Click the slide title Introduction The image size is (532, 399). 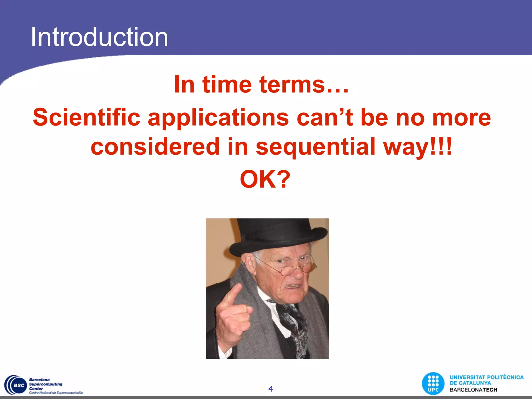[99, 37]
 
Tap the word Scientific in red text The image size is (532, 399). [87, 117]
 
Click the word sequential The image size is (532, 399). [315, 147]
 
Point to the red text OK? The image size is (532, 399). [265, 179]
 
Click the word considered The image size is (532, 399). [155, 147]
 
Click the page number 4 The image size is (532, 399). [270, 389]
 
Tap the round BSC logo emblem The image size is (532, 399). [16, 385]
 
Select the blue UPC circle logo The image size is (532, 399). [433, 384]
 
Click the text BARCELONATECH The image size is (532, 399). [473, 390]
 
